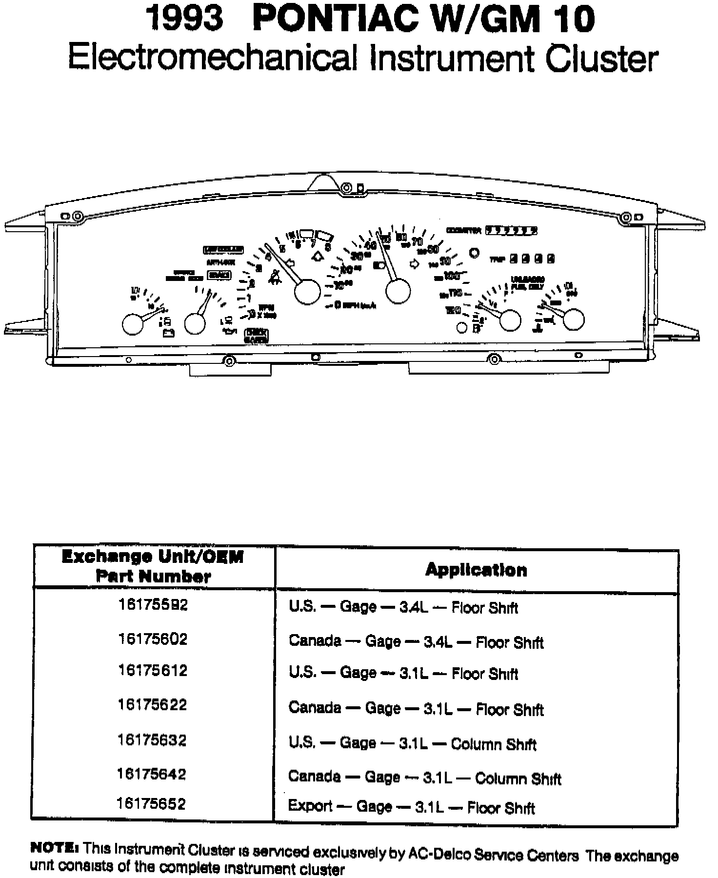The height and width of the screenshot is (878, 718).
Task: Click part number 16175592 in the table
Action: (153, 605)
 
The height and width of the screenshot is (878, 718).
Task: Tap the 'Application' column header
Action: (476, 569)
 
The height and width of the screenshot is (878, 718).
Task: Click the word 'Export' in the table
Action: (310, 805)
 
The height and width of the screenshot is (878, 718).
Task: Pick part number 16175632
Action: (152, 740)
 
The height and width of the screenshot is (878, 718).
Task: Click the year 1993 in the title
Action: (186, 20)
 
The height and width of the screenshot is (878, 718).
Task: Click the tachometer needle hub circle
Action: (307, 292)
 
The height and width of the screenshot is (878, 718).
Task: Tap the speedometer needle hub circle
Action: (398, 291)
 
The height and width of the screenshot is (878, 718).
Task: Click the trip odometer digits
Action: (532, 259)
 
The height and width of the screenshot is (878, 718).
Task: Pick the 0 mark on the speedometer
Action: (337, 305)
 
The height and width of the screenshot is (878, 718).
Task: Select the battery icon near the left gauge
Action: (169, 334)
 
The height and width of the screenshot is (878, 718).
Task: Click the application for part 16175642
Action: (424, 778)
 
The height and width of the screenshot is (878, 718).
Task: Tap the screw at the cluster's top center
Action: (347, 188)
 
